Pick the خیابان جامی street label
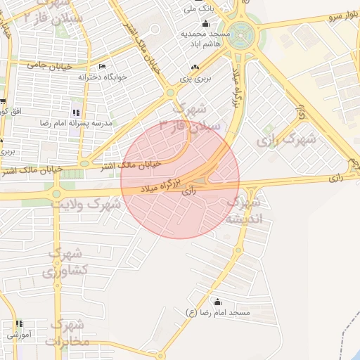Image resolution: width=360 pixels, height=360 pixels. (x=46, y=65)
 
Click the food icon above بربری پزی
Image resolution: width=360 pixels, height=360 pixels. (x=195, y=68)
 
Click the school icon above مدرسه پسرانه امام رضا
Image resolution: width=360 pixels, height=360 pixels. (x=76, y=112)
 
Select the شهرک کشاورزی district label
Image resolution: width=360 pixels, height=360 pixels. (x=68, y=262)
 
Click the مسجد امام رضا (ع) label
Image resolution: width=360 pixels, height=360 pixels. (x=217, y=311)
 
